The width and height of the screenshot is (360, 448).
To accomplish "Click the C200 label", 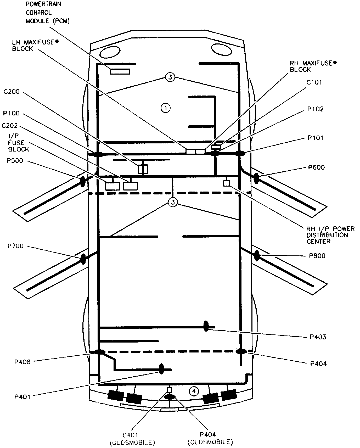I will click(12, 92).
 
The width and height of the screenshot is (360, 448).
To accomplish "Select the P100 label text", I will click(11, 113).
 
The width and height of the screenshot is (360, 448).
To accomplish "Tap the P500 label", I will click(15, 161).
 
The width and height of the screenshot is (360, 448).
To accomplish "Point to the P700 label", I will click(15, 246).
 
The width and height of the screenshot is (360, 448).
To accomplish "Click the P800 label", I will click(317, 256).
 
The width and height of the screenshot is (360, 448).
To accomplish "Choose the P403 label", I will click(318, 337).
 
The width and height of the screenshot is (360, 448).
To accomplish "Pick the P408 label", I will click(22, 362).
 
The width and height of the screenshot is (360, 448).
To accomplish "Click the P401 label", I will click(22, 397).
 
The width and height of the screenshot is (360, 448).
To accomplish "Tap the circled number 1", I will click(166, 108).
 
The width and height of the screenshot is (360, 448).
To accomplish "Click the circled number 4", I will click(194, 391).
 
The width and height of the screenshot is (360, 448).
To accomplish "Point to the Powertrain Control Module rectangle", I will click(120, 71).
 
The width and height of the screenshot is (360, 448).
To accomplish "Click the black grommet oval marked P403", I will click(206, 326).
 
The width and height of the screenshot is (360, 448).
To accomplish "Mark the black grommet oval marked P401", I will click(161, 369).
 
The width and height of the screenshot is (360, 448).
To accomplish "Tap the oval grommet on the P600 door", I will click(256, 178).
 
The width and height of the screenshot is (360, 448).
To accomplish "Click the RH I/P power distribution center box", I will click(226, 183).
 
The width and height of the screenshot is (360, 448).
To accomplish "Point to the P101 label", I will click(315, 138).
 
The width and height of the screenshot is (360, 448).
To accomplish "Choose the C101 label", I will click(314, 82).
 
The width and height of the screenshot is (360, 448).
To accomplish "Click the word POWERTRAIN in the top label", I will click(43, 4).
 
